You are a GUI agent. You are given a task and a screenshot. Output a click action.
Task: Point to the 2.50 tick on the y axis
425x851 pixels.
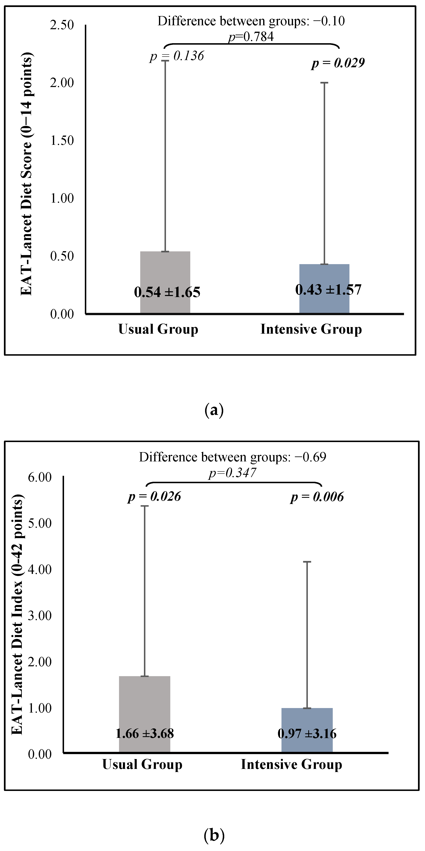pyautogui.click(x=62, y=25)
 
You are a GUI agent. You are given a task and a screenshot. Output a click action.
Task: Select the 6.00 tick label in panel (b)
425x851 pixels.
pyautogui.click(x=40, y=477)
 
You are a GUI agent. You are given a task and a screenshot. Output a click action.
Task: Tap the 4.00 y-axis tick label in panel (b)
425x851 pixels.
pyautogui.click(x=40, y=570)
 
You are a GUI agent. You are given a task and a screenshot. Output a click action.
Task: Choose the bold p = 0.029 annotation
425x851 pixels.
pyautogui.click(x=338, y=63)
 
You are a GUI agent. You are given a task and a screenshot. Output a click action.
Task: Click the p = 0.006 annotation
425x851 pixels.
pyautogui.click(x=317, y=497)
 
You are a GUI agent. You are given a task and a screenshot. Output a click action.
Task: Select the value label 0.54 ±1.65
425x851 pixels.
pyautogui.click(x=167, y=292)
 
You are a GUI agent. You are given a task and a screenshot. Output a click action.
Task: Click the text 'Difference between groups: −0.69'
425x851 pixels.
pyautogui.click(x=232, y=457)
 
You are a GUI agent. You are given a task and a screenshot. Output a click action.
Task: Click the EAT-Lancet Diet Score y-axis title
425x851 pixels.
pyautogui.click(x=26, y=173)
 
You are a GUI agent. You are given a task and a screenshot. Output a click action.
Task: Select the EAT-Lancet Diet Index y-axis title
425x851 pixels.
pyautogui.click(x=17, y=614)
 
